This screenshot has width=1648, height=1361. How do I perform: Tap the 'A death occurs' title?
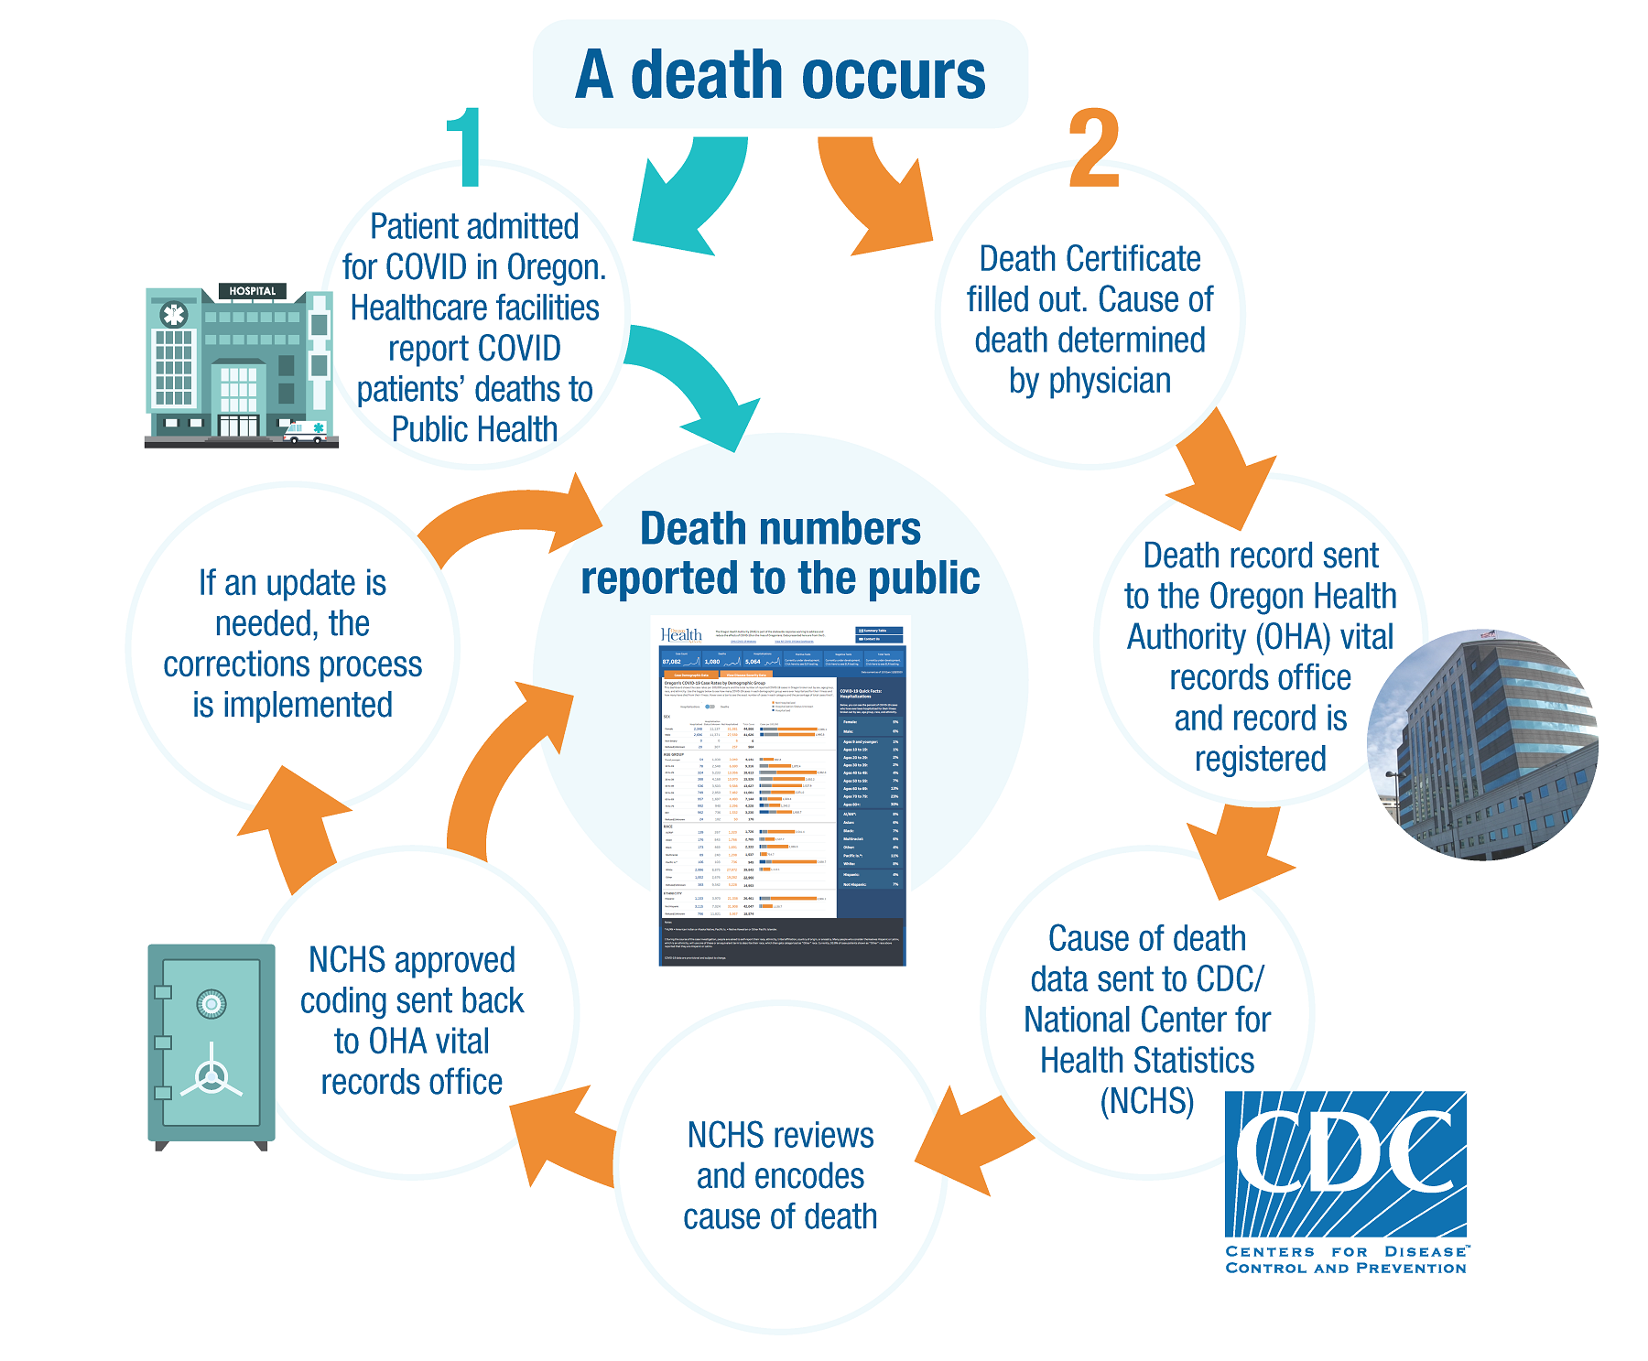point(780,75)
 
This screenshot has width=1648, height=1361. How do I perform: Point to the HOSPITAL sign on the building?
point(252,291)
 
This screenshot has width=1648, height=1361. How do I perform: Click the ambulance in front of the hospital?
point(305,431)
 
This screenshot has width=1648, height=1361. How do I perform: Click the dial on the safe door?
point(211,1004)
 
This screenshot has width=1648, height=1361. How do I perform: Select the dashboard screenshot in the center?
point(782,793)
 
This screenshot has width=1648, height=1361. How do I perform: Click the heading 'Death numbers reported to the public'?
point(780,553)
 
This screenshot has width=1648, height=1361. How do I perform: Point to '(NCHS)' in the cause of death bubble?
point(1147,1100)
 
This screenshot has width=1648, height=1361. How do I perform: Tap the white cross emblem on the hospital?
point(173,315)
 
